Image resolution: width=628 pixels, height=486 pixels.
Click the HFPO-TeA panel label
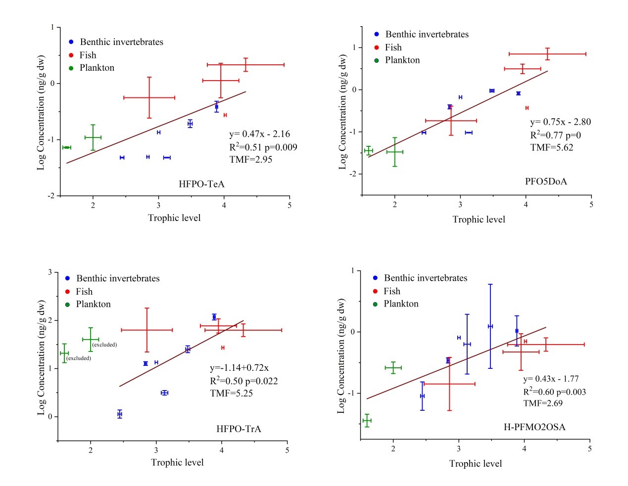201,184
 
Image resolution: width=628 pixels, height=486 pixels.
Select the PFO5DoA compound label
546,181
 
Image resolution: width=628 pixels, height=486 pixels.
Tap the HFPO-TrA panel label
239,429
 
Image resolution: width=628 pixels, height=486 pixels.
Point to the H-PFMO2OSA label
534,427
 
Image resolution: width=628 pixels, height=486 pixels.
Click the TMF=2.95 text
250,160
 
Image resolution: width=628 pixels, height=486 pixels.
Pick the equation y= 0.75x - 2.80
560,122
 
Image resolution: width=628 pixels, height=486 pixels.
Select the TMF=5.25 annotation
231,394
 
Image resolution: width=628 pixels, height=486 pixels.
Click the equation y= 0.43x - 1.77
551,379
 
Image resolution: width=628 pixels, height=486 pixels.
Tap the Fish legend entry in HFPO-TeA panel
88,55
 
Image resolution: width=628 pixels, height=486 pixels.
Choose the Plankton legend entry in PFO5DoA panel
402,60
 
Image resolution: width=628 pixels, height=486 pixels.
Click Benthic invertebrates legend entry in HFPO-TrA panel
118,279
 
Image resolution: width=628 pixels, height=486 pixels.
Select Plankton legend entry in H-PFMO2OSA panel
401,304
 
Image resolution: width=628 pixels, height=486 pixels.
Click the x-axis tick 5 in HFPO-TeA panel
290,205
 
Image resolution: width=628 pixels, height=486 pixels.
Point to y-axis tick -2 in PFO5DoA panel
353,174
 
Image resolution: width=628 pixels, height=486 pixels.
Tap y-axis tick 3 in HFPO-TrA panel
50,272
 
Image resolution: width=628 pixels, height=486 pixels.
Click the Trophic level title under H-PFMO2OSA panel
475,464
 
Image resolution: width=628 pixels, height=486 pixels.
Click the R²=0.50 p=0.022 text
243,381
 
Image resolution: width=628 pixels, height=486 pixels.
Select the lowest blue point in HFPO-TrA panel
120,414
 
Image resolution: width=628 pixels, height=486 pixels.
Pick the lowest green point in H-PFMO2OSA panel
367,421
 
